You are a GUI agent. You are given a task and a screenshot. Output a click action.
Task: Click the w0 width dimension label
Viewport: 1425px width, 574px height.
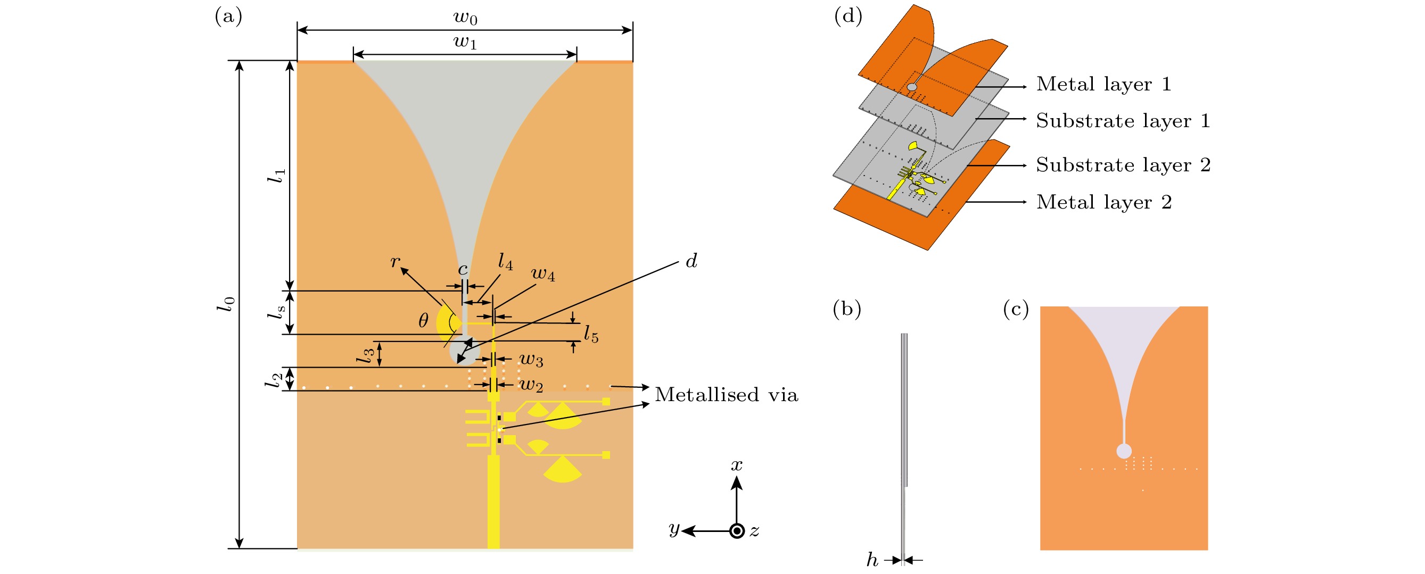tap(465, 18)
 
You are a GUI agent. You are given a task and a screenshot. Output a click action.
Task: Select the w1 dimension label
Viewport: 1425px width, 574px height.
tap(465, 42)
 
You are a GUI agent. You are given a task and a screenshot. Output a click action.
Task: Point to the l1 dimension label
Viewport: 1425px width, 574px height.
tap(277, 176)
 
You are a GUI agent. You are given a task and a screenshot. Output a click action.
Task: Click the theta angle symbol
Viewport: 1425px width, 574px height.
tap(423, 320)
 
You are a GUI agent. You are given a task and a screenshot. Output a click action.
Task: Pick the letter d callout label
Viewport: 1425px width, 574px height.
tap(691, 261)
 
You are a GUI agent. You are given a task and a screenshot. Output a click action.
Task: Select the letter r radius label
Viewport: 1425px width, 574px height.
tap(395, 261)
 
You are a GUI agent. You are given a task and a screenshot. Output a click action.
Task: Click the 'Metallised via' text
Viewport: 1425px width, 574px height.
tap(726, 395)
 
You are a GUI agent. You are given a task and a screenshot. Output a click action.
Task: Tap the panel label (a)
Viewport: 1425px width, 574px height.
tap(228, 16)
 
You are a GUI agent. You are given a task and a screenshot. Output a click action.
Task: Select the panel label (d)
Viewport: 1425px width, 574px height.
tap(848, 16)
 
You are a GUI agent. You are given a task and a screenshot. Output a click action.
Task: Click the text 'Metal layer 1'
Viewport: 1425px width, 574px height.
tap(1103, 84)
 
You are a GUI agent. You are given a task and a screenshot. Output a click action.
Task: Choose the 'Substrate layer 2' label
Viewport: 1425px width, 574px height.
tap(1123, 165)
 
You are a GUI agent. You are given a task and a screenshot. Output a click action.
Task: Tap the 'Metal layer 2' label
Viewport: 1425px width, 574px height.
tap(1103, 202)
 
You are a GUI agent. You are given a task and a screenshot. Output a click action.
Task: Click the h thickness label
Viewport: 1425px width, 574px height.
tap(872, 560)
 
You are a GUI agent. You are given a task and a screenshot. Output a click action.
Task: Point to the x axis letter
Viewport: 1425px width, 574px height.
tap(736, 465)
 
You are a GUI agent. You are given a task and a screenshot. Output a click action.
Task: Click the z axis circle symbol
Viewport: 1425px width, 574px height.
tap(737, 531)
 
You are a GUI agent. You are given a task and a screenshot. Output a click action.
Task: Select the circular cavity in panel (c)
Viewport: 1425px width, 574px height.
tap(1124, 451)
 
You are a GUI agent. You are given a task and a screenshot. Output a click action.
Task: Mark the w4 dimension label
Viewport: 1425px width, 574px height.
tap(542, 274)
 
